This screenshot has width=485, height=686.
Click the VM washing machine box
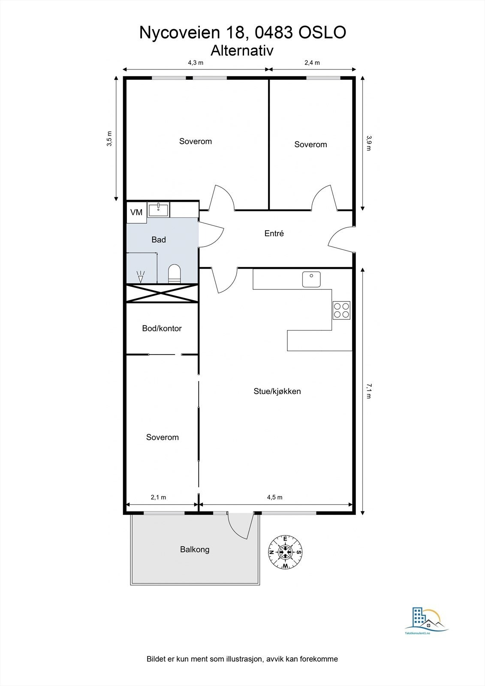point(137,212)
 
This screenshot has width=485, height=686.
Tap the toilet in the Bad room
point(175,274)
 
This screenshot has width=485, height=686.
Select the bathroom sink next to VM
point(158,210)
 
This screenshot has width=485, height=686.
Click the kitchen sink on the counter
point(311,279)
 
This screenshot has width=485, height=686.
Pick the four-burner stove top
point(341,310)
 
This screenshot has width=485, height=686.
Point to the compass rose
point(285,552)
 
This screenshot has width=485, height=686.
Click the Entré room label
point(274,233)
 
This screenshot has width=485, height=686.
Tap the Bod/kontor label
point(162,328)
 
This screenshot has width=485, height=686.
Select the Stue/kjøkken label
point(277,391)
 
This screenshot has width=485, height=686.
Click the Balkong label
point(195,549)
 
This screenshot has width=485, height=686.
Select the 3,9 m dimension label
point(369,143)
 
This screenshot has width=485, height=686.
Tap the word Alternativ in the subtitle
point(242,51)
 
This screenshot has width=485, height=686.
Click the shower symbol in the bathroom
point(141,277)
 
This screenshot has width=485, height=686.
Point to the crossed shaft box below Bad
point(163,293)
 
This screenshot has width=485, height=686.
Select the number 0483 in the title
point(274,33)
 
